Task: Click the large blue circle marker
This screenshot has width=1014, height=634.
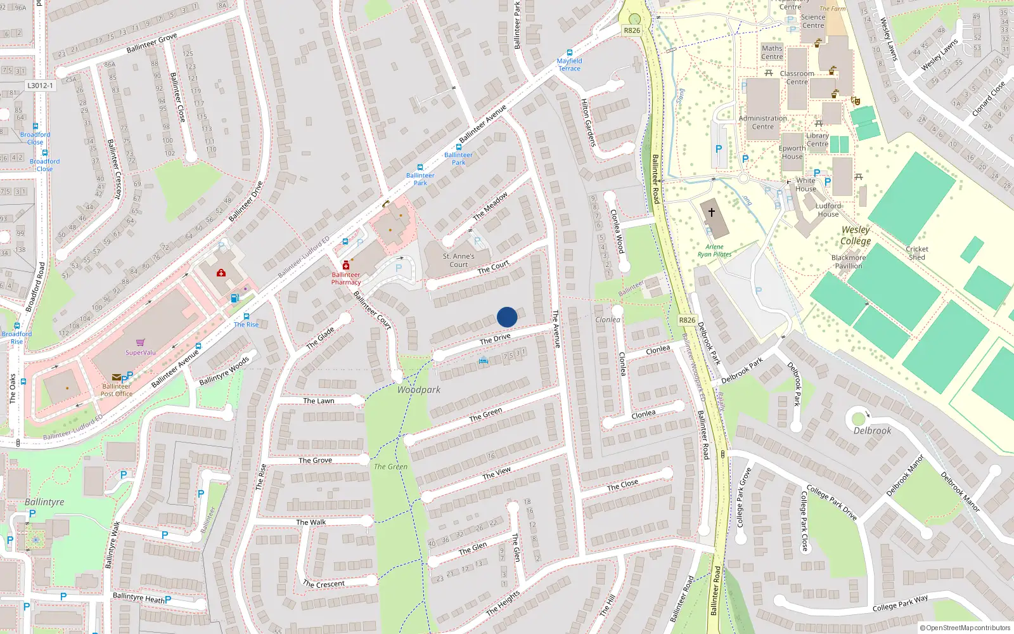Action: point(507,317)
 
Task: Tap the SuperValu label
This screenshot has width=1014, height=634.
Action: point(140,353)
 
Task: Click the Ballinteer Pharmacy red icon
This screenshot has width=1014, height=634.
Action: point(345,265)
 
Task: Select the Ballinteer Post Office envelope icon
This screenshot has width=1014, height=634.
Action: point(117,377)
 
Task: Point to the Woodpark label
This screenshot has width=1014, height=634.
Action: point(418,390)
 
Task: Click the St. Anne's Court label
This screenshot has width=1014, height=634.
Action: point(458,261)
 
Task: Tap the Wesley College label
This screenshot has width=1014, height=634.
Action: point(856,235)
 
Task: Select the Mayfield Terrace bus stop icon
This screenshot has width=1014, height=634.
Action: point(569,53)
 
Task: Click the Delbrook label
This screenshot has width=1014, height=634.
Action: point(872,430)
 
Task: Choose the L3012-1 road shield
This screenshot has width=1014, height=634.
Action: point(40,85)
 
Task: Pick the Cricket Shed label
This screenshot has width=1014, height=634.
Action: point(916,253)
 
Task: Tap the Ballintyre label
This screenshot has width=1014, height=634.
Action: point(44,501)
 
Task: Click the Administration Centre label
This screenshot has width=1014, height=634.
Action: point(762,122)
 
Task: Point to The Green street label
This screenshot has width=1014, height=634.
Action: point(485,415)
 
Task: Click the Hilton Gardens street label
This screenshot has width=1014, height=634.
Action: point(589,123)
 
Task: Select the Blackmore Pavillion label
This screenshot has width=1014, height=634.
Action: point(848,262)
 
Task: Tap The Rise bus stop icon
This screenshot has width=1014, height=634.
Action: point(247,316)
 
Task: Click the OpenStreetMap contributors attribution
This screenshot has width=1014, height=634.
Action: point(965,628)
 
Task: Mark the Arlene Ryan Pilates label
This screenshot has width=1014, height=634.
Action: point(714,250)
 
